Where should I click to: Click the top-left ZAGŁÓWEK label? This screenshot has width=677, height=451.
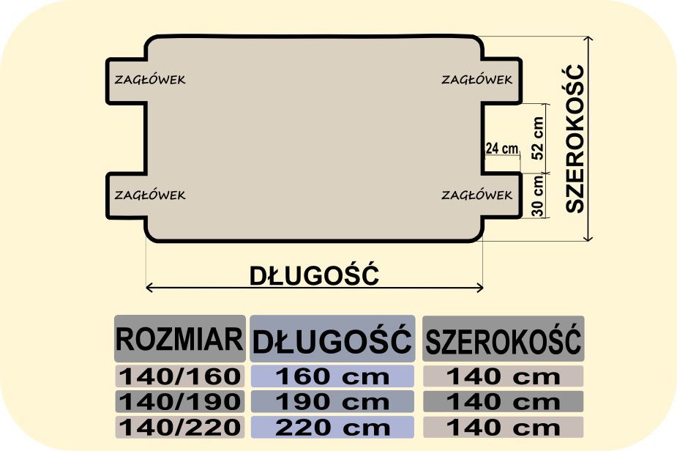click(150, 80)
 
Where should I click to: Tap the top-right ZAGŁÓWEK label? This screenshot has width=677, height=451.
click(476, 80)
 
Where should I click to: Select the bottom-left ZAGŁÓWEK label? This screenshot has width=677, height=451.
click(150, 195)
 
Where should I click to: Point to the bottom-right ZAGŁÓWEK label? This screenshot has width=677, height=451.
click(476, 195)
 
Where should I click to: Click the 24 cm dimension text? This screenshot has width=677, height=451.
click(501, 148)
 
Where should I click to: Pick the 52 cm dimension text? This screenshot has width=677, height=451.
click(537, 138)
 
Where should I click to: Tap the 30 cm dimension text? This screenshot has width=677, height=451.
click(537, 195)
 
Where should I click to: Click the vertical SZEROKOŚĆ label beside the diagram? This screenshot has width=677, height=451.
click(575, 138)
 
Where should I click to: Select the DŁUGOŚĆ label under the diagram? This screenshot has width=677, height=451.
click(314, 275)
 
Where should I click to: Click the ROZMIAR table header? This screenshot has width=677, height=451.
click(179, 339)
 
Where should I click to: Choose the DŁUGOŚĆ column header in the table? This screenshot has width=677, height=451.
click(332, 340)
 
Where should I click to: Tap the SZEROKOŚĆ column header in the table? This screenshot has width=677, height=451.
click(503, 340)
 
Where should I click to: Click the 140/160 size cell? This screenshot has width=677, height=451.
click(179, 376)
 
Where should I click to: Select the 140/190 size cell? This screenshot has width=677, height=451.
click(179, 402)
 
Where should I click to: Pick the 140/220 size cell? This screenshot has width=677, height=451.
click(179, 428)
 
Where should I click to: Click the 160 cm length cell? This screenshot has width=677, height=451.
click(332, 376)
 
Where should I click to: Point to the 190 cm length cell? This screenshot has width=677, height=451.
click(332, 402)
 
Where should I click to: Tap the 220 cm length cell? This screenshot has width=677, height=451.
click(332, 428)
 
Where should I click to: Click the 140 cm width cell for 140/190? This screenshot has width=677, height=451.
click(503, 402)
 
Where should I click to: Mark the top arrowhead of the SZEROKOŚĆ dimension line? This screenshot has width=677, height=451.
click(588, 37)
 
